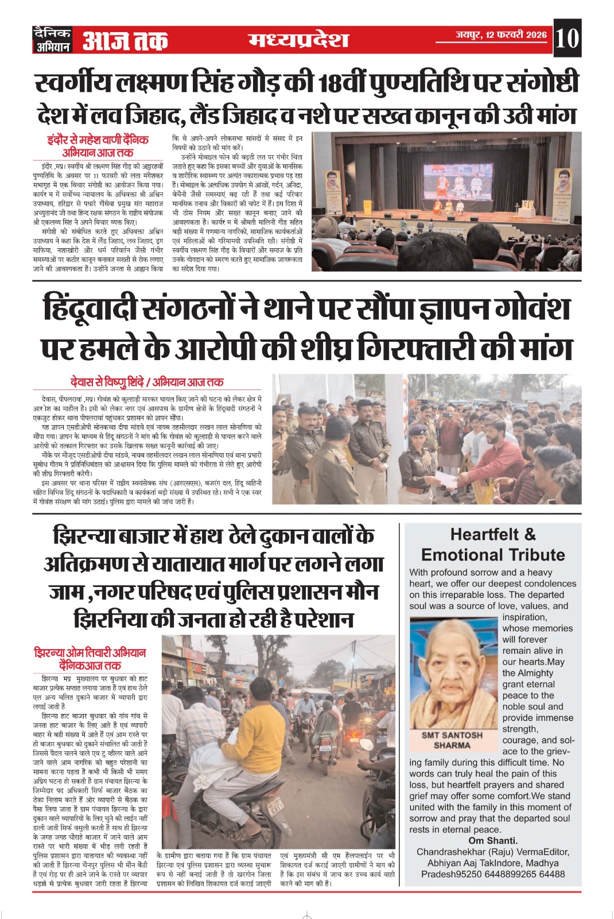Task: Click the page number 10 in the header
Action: [567, 38]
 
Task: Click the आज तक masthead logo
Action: [125, 41]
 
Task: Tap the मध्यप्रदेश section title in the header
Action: [298, 40]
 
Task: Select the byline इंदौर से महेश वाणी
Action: [98, 140]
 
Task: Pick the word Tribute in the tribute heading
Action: [531, 555]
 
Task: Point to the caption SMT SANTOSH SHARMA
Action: [452, 740]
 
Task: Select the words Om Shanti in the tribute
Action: [493, 840]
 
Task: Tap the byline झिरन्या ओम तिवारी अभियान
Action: [90, 653]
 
